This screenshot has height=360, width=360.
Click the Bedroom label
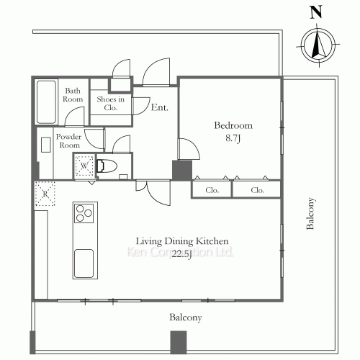pos(233,125)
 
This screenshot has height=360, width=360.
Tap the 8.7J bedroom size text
pos(233,138)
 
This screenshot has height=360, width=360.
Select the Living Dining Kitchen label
pos(182,241)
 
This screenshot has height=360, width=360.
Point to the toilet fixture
pos(107,166)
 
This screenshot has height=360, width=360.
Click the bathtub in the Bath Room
pos(46,102)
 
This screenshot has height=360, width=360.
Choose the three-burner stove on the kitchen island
pos(84,213)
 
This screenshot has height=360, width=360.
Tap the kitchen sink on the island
pos(84,264)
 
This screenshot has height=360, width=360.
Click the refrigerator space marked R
pos(45,194)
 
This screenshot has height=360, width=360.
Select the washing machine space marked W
pos(84,166)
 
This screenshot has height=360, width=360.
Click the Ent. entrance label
pos(160,107)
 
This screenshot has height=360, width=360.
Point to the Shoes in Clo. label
pos(111,104)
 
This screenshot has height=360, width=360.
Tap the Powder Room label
pos(69,141)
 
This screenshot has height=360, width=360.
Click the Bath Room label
pos(73,95)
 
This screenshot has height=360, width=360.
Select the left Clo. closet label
pos(212,190)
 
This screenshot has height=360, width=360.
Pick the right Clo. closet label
pos(258,190)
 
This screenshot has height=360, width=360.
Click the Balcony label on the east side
pos(310,213)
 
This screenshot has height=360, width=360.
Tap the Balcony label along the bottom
pos(186,318)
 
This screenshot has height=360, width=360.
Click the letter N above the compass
pos(316,13)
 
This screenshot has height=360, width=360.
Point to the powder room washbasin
pos(46,145)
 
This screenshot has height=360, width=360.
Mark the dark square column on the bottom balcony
pos(179,342)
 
